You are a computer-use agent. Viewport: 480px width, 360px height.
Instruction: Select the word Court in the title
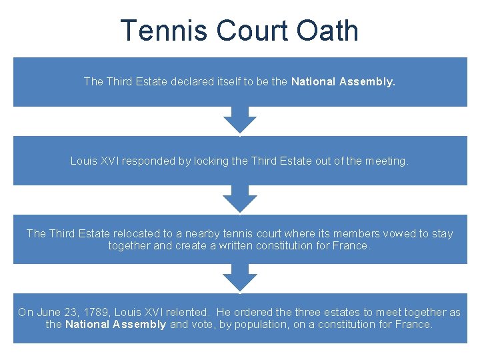tap(251, 31)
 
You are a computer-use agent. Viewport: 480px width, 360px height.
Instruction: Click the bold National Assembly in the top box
tap(343, 82)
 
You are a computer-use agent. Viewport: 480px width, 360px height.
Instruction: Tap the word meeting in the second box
tap(386, 161)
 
